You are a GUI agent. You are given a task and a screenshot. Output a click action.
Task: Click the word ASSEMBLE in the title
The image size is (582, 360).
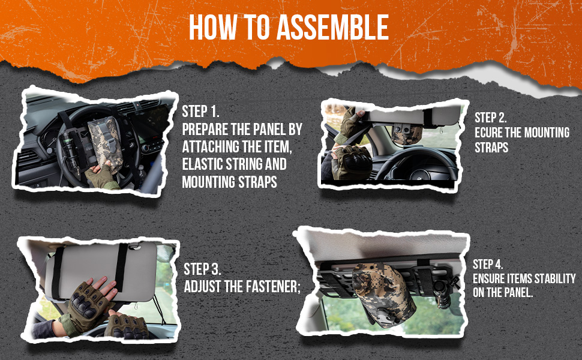click(x=332, y=27)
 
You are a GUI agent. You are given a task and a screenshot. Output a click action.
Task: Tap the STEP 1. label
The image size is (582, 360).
click(x=200, y=112)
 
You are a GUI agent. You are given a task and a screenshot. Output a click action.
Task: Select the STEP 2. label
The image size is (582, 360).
click(x=491, y=118)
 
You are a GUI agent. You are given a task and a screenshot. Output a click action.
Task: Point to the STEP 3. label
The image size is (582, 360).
click(x=202, y=269)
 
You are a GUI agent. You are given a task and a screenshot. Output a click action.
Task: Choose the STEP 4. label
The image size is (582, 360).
click(x=488, y=264)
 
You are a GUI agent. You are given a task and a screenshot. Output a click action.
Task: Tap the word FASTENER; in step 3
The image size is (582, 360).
click(x=273, y=287)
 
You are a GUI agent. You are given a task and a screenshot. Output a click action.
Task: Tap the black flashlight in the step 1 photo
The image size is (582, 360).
click(x=71, y=151)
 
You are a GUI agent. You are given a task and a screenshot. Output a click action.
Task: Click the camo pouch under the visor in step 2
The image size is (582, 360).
click(x=406, y=134)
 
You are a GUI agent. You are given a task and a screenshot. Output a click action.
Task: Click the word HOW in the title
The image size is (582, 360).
click(x=212, y=27)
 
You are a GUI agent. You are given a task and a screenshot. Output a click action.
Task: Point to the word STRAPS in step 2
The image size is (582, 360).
click(x=491, y=148)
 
